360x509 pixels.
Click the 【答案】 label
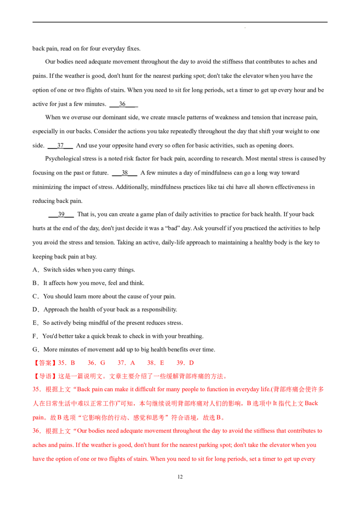tap(44, 362)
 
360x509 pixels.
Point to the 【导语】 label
tap(44, 376)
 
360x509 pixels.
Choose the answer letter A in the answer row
tap(134, 362)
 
